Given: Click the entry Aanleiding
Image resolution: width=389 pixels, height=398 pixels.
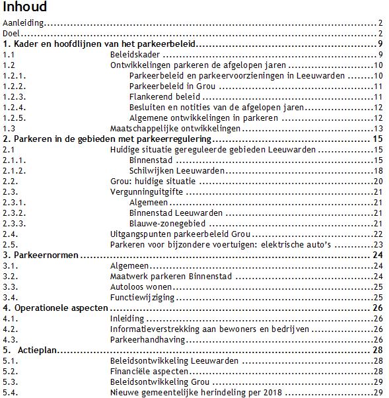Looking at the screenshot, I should pos(23,23).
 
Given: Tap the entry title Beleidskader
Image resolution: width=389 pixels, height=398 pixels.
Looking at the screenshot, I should pos(135,55).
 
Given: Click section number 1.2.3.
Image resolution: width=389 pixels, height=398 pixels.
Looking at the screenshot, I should pos(14,96).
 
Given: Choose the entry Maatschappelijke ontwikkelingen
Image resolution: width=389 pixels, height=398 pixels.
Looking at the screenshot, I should pos(172,128).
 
